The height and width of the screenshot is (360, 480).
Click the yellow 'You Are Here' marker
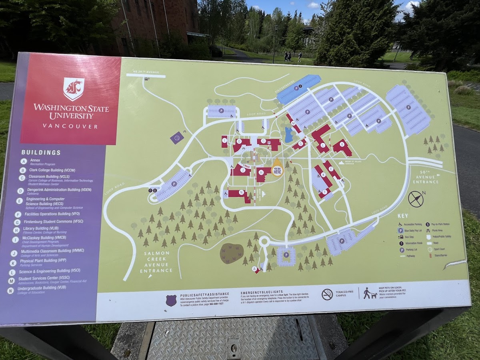click(x=277, y=170)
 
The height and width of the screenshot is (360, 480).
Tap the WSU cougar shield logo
click(x=74, y=88)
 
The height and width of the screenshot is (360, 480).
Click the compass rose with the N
click(x=416, y=199)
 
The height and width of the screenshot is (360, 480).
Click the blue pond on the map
click(x=288, y=135)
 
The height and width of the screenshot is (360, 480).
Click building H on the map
click(x=263, y=174)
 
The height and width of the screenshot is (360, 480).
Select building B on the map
click(x=342, y=147)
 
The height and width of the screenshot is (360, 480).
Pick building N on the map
click(x=240, y=194)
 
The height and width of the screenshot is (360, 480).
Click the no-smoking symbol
click(x=327, y=294)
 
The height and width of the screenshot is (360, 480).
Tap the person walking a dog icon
click(x=370, y=293)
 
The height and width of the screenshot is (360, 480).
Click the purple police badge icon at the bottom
click(x=171, y=300)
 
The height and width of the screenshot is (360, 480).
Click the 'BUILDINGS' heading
click(x=41, y=152)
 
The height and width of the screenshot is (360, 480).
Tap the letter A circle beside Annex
click(x=24, y=162)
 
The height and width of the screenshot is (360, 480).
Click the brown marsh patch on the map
click(x=232, y=253)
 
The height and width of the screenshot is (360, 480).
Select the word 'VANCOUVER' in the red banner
click(x=70, y=126)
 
